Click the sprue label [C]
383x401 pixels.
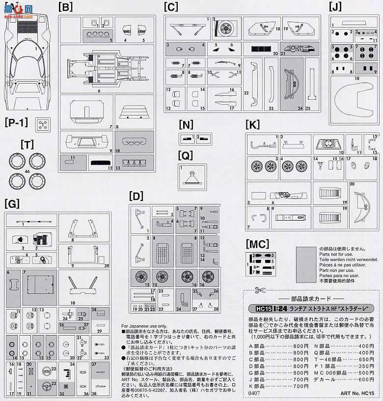(x=171, y=7)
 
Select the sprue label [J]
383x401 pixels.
(x=336, y=7)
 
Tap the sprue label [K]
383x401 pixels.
(x=252, y=125)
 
